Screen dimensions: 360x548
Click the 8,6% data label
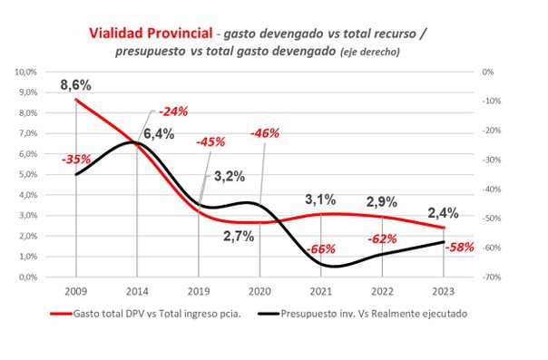tap(77, 84)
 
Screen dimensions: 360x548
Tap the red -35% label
tap(75, 160)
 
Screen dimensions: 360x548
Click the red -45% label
tap(210, 141)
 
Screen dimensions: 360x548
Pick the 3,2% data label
tap(227, 176)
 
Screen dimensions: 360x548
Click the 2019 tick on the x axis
tap(198, 293)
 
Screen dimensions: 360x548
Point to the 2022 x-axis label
tap(381, 293)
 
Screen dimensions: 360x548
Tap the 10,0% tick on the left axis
tap(48, 72)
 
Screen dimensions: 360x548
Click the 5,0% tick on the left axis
tap(50, 174)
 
